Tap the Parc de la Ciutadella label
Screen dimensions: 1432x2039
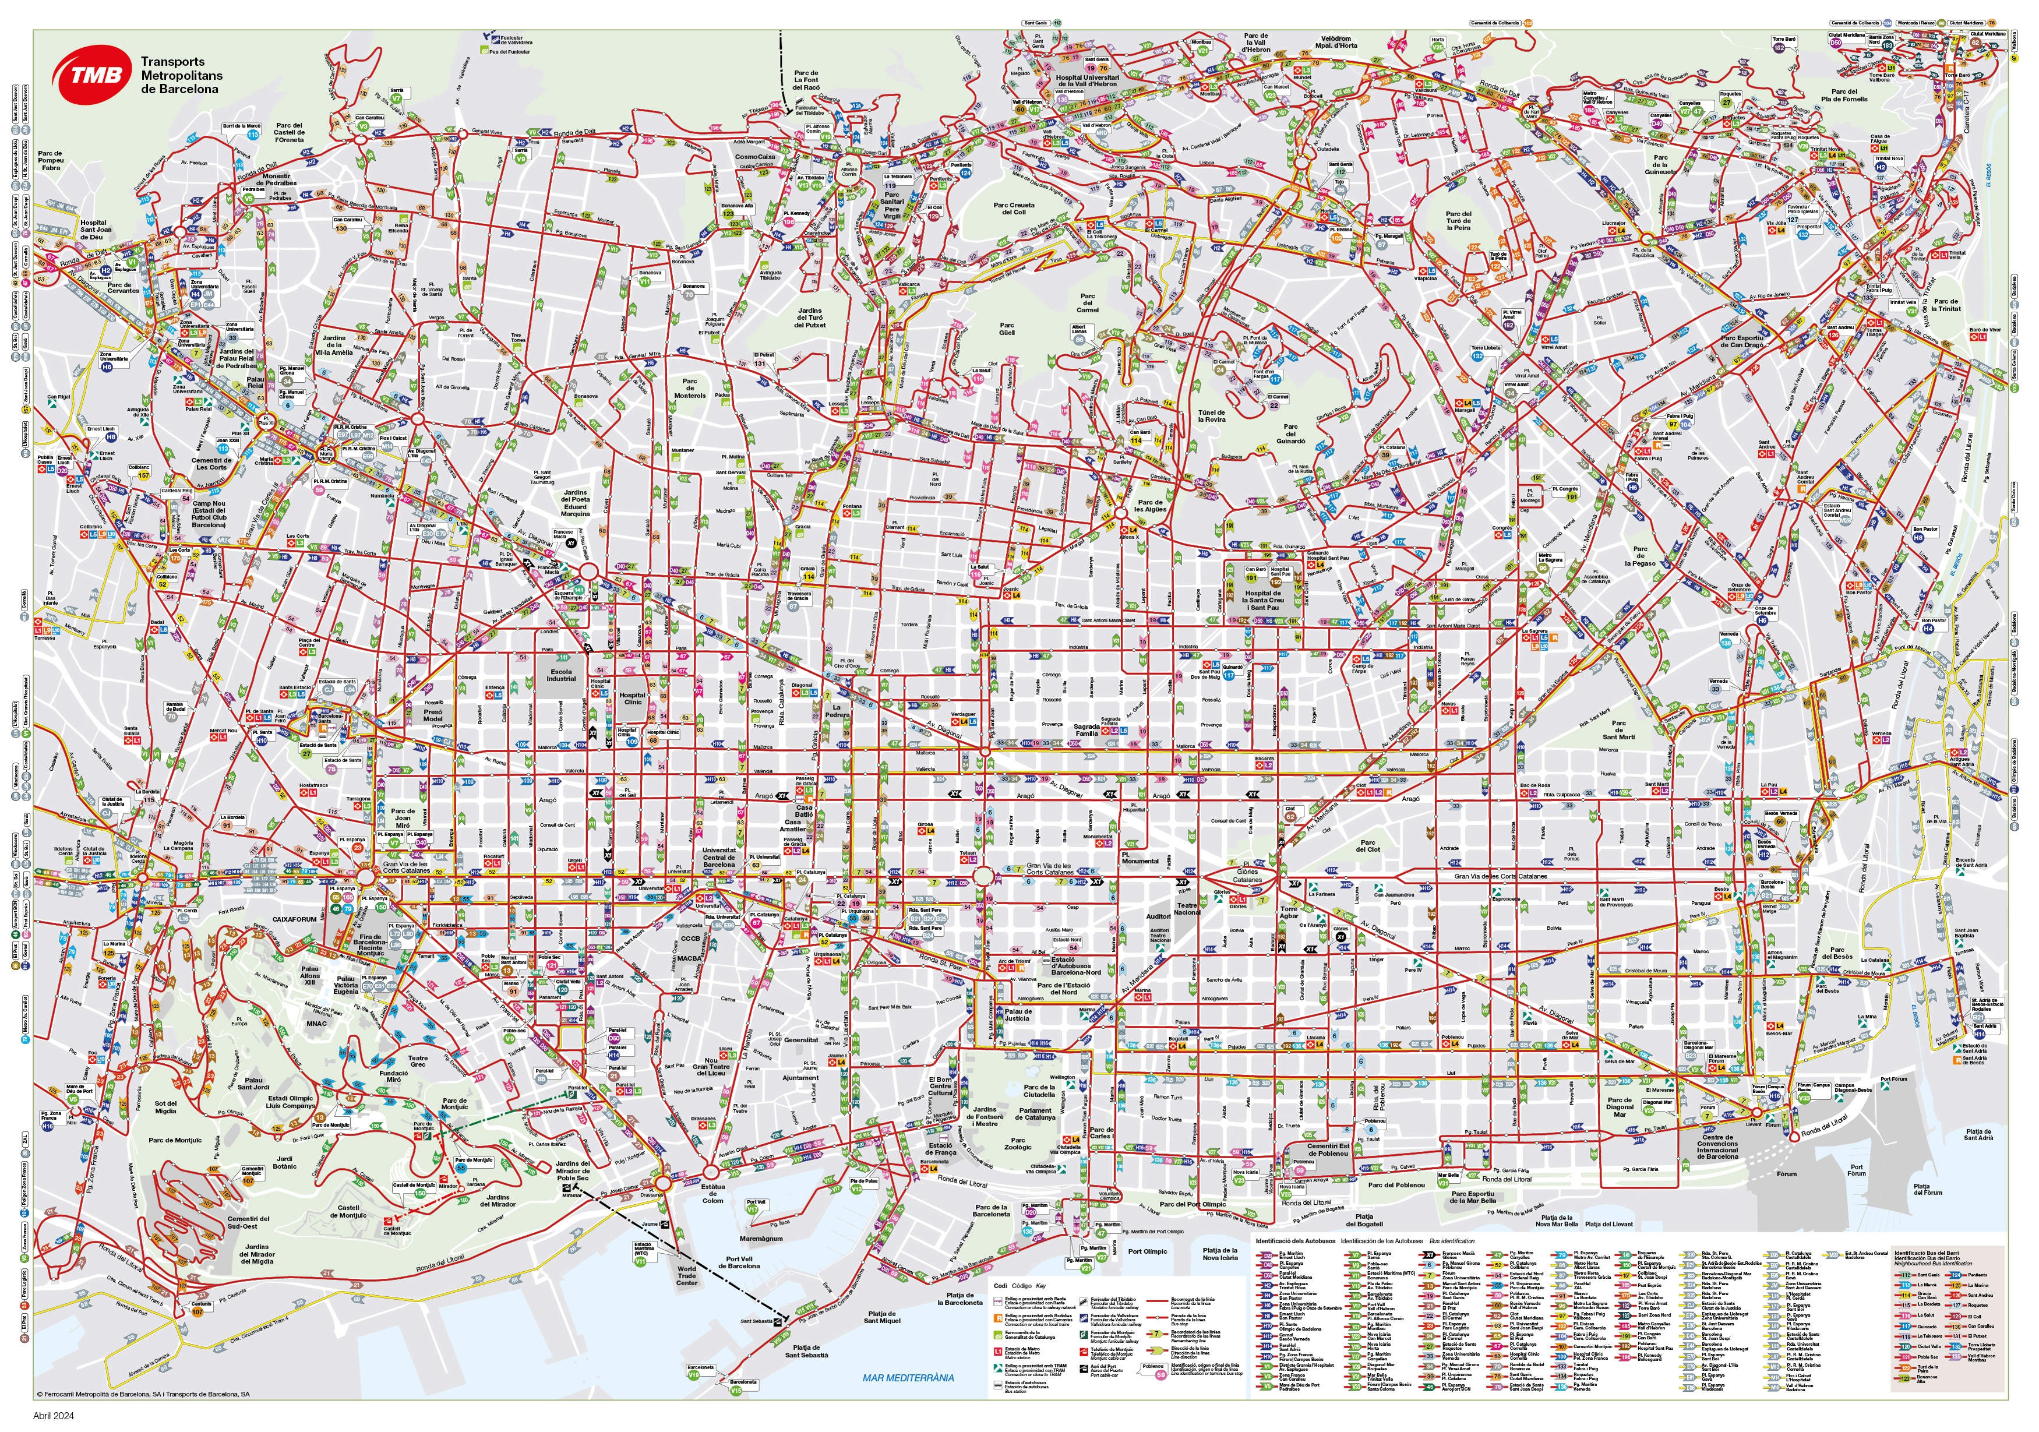[x=1039, y=1091]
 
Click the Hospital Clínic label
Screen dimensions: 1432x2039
[x=632, y=699]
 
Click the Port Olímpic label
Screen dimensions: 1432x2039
[x=1148, y=1251]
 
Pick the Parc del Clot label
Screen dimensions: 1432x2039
[x=1368, y=846]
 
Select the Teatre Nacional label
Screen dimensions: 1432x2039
[x=1187, y=909]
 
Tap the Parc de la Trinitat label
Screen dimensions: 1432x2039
[x=1946, y=305]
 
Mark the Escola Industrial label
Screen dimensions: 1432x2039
[x=561, y=675]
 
